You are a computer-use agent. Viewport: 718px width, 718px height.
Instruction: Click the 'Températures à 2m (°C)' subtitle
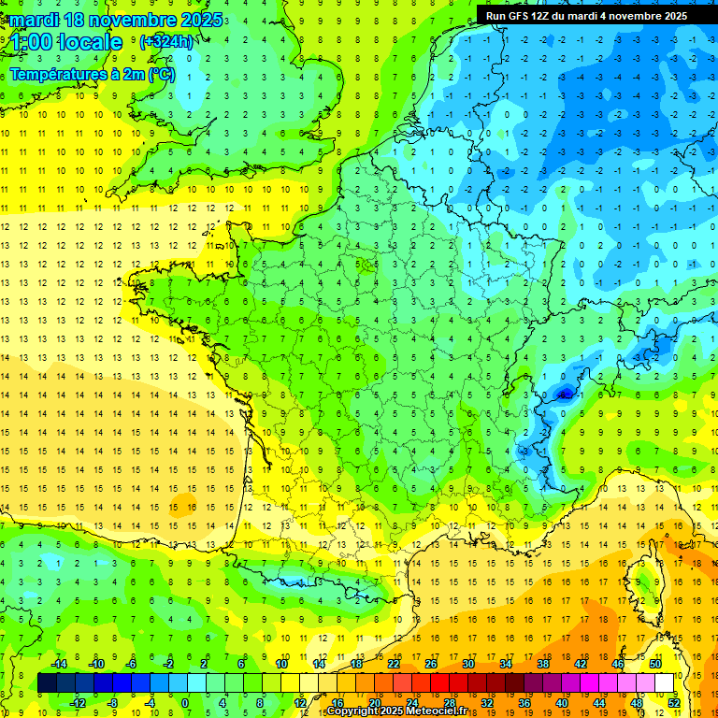click(x=93, y=75)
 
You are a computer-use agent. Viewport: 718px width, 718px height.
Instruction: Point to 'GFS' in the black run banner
click(x=527, y=15)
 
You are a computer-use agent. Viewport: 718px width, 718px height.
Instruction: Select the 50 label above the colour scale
click(x=654, y=664)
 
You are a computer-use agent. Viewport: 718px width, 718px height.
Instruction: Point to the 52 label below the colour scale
click(x=673, y=702)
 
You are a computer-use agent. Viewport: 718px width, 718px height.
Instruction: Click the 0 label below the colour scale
click(x=186, y=702)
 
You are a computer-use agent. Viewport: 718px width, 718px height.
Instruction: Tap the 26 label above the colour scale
click(x=431, y=664)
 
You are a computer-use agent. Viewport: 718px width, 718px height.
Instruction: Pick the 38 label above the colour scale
click(x=542, y=664)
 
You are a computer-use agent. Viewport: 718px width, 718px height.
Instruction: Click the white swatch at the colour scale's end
click(x=664, y=682)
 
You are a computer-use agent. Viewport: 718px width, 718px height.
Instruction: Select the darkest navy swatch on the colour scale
click(x=48, y=682)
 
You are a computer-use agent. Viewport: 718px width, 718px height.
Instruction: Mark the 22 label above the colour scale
click(x=394, y=664)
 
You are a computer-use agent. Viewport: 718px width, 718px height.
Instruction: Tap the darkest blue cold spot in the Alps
click(x=564, y=395)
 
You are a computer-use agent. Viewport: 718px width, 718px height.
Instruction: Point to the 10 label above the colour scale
click(x=281, y=664)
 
